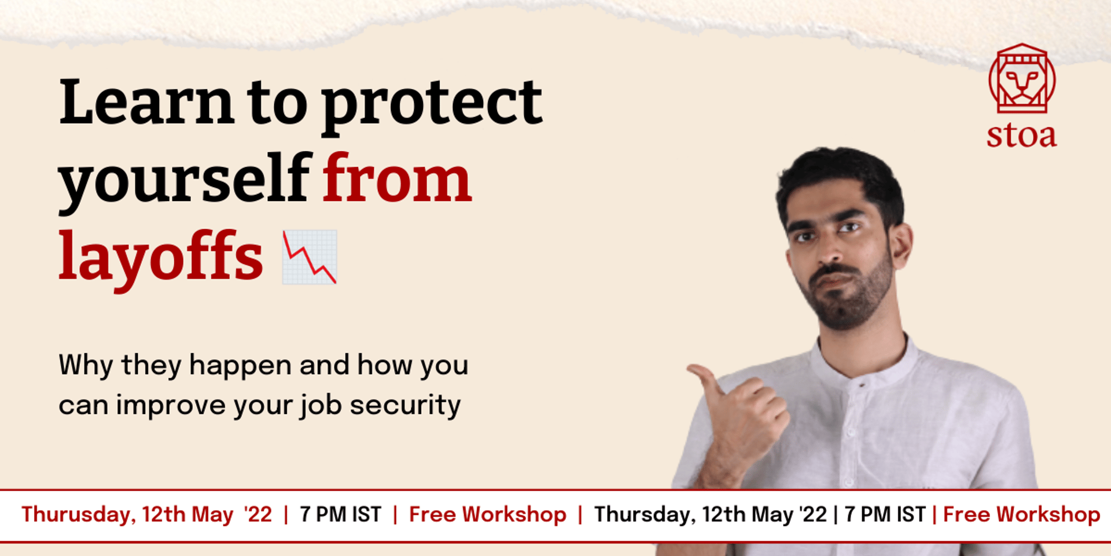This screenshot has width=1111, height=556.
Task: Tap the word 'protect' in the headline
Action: pos(432,107)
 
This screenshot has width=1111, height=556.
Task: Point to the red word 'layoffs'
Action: pos(161,258)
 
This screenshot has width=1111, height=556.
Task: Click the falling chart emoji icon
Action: pos(310,257)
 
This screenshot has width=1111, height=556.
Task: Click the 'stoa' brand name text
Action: pos(1022,135)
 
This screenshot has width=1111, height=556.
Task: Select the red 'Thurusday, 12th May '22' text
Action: pos(146,514)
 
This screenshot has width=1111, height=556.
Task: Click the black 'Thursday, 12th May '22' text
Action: pos(711,514)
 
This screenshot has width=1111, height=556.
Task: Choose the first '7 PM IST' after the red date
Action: pos(341,514)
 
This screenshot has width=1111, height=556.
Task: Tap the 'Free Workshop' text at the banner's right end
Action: pos(1022,514)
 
